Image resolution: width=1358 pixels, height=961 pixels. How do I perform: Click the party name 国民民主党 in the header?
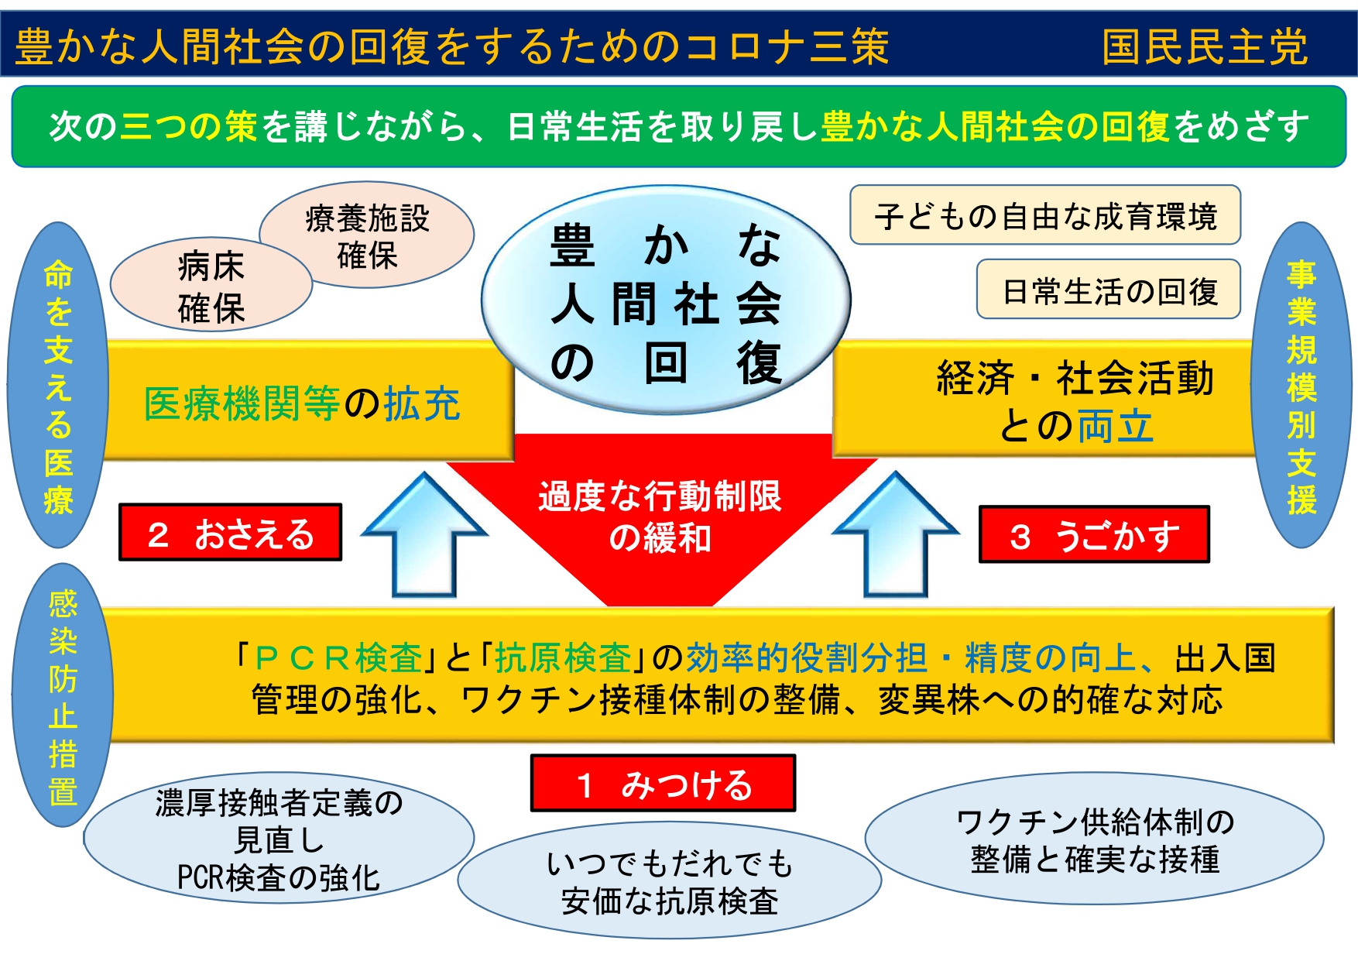pyautogui.click(x=1205, y=46)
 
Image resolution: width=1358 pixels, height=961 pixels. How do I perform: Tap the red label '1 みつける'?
pyautogui.click(x=663, y=784)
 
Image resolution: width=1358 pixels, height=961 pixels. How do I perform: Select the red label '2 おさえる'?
pyautogui.click(x=230, y=533)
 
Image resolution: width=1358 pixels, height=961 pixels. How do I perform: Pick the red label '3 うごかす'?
pyautogui.click(x=1093, y=535)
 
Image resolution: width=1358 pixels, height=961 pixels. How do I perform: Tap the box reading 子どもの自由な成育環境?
pyautogui.click(x=1044, y=215)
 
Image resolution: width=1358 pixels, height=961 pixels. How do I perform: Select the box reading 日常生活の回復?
pyautogui.click(x=1109, y=290)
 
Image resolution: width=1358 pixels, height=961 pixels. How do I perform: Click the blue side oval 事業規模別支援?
pyautogui.click(x=1301, y=386)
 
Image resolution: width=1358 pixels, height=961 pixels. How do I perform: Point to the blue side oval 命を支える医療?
pyautogui.click(x=58, y=386)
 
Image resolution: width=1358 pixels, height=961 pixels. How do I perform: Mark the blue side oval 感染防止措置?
pyautogui.click(x=63, y=695)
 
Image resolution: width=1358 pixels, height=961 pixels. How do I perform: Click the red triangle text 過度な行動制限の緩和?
pyautogui.click(x=660, y=517)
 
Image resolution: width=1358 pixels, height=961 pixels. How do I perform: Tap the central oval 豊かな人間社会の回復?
pyautogui.click(x=666, y=302)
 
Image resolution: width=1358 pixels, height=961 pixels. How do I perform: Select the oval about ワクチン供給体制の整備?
pyautogui.click(x=1094, y=839)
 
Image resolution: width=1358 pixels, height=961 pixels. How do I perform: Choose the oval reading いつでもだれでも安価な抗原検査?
pyautogui.click(x=670, y=881)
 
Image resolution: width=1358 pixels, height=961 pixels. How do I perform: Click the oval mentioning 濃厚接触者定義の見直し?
pyautogui.click(x=279, y=839)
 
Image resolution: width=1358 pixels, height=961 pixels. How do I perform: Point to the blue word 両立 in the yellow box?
pyautogui.click(x=1115, y=426)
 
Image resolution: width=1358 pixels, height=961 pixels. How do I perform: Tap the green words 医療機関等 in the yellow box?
pyautogui.click(x=242, y=403)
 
